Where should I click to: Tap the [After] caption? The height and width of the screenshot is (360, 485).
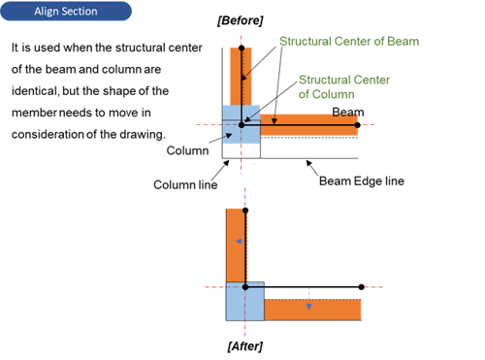(x=244, y=345)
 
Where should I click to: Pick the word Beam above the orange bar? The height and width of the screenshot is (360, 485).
(x=348, y=113)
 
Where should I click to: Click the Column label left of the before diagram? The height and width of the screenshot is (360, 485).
(x=186, y=150)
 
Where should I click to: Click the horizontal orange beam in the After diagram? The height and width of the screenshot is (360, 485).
(x=312, y=311)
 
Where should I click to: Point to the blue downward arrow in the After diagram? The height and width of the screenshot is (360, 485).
(x=308, y=303)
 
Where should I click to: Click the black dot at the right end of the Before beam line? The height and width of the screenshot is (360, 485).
(x=360, y=124)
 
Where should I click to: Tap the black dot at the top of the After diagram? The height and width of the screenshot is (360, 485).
(x=244, y=210)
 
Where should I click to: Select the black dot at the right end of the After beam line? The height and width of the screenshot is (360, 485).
(x=362, y=287)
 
